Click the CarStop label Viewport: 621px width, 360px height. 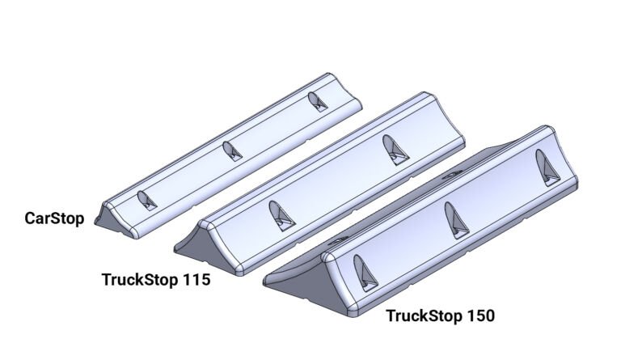[x=54, y=218]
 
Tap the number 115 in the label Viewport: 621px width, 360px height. [x=196, y=280]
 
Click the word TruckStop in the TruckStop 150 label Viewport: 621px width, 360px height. [x=424, y=316]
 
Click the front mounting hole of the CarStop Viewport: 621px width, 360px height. [x=146, y=201]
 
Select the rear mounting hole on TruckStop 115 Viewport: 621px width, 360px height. [x=393, y=149]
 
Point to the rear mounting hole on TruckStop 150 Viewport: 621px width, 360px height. [x=547, y=167]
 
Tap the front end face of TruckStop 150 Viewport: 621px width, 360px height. [x=299, y=275]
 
